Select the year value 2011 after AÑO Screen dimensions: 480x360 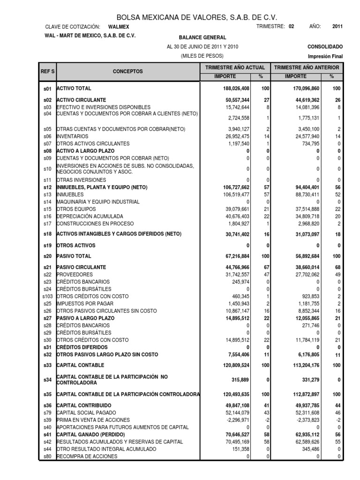[337, 27]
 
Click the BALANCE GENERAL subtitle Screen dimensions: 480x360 [202, 37]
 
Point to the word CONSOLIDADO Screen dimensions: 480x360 [325, 47]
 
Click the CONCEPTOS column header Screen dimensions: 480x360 [128, 72]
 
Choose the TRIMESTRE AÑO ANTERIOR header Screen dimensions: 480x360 [307, 68]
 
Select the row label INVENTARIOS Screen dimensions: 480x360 [73, 136]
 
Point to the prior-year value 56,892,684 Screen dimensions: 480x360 [303, 256]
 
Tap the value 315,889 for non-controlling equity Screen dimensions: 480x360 [239, 380]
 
